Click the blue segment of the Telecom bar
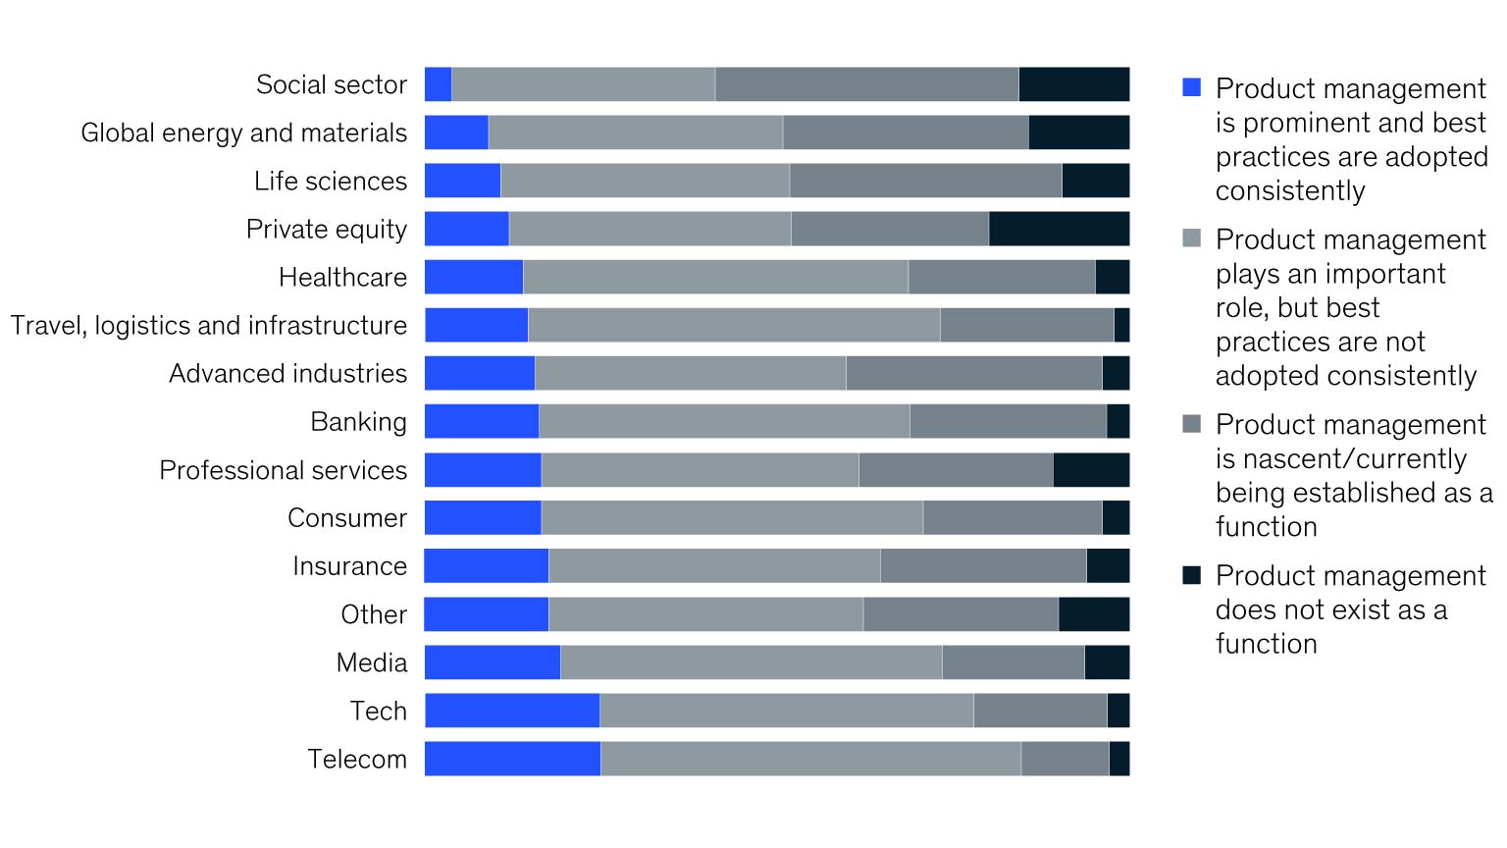(512, 759)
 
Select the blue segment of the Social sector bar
(438, 84)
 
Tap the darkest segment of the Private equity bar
(1059, 229)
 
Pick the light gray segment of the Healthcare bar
(715, 277)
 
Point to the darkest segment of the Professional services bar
(1091, 470)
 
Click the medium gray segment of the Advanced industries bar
(973, 373)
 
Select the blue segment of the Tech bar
(512, 711)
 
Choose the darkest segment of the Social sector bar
(1073, 84)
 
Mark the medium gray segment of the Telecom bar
(1065, 759)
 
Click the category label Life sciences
(330, 182)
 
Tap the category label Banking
(358, 422)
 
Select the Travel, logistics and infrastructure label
(208, 326)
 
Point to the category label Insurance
(349, 566)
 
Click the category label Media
(371, 662)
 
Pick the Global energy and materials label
(243, 132)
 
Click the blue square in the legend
(1192, 87)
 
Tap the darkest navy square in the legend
(1192, 575)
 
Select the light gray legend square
(1192, 238)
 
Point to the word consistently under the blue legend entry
(1290, 191)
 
